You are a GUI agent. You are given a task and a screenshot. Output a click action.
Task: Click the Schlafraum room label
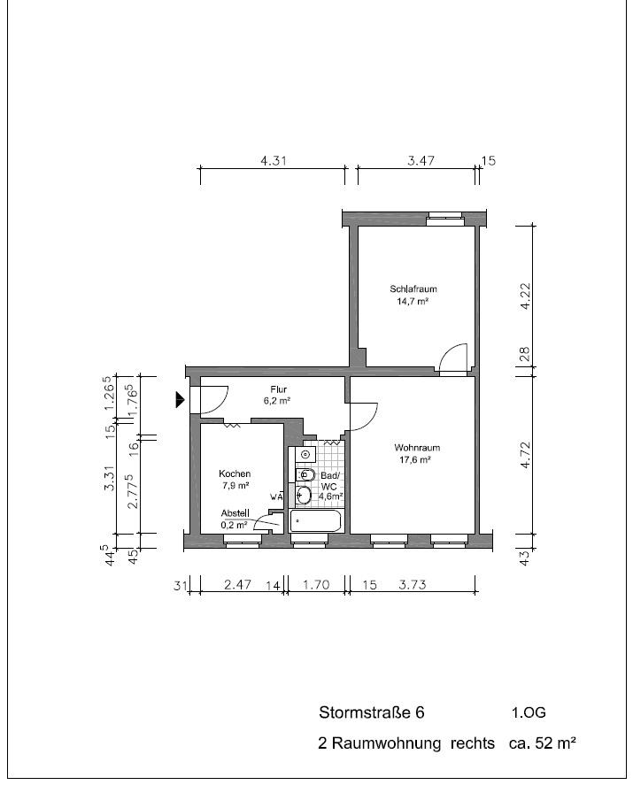(413, 289)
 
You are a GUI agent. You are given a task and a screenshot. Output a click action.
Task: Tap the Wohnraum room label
(417, 448)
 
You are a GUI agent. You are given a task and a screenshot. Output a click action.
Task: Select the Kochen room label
(235, 473)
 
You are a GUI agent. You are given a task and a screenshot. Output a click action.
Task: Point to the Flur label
(279, 389)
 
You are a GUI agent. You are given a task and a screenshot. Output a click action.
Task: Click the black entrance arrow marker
(180, 399)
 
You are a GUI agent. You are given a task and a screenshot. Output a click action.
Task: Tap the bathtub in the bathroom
(315, 521)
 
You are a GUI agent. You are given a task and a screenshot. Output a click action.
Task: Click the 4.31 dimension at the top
(274, 161)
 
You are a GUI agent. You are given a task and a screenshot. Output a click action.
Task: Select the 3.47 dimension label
(421, 161)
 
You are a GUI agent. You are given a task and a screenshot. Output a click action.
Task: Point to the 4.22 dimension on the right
(525, 296)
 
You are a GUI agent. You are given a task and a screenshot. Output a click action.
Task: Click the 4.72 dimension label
(525, 455)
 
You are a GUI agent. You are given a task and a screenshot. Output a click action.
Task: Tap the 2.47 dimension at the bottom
(237, 585)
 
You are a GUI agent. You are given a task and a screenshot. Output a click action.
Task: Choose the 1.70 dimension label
(316, 585)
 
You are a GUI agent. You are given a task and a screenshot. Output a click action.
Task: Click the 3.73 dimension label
(413, 585)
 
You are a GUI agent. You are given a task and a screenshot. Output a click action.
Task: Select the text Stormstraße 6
(372, 712)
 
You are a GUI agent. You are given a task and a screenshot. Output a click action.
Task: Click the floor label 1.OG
(529, 712)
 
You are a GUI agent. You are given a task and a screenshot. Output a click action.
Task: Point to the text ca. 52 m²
(543, 743)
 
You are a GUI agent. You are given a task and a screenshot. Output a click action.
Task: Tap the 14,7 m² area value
(413, 302)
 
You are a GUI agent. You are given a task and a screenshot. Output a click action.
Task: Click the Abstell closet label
(235, 513)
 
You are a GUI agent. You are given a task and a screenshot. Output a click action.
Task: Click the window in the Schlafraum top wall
(444, 216)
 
